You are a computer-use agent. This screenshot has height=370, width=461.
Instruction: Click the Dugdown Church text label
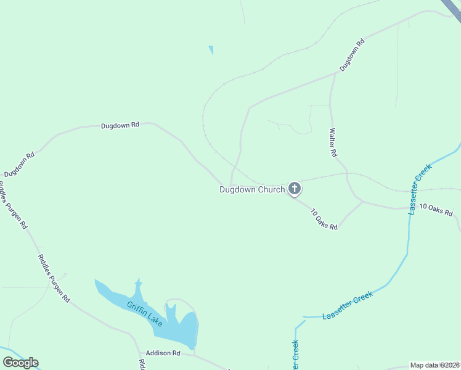point(252,190)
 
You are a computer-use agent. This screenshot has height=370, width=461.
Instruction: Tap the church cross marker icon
point(295,189)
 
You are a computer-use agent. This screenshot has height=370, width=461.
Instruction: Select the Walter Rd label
point(333,142)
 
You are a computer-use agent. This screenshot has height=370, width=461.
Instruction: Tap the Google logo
point(20,363)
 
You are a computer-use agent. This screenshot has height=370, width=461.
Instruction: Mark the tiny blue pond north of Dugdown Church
point(211,50)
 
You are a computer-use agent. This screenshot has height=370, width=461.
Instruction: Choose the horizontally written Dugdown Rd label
point(120,125)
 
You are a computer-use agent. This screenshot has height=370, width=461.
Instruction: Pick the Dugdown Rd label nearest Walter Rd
point(352,54)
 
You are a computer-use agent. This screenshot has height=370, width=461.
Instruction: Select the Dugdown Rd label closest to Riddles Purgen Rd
point(19,164)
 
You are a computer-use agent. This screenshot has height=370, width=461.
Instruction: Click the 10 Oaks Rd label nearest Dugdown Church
point(324,219)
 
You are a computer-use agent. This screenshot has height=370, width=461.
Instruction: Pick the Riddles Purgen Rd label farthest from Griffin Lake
point(14,206)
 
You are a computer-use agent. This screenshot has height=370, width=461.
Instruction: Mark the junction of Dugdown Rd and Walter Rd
point(335,73)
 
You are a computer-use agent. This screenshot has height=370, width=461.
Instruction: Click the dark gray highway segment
point(452,7)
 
